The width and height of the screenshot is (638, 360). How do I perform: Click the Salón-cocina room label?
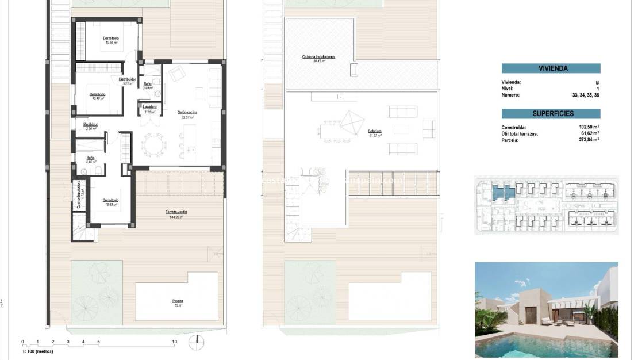[x=187, y=113]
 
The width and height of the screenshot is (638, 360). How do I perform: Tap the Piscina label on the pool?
[x=178, y=301]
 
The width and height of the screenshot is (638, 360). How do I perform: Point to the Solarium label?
[x=375, y=131]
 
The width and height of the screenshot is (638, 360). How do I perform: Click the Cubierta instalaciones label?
[x=319, y=57]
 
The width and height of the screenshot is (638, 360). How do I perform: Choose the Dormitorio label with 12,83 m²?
[x=110, y=201]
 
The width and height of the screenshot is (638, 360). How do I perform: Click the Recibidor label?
[x=90, y=125]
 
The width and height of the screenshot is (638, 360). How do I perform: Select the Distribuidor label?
[x=127, y=79]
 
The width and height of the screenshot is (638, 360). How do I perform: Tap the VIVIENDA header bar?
[x=551, y=68]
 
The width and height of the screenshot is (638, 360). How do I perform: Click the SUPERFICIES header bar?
[x=551, y=114]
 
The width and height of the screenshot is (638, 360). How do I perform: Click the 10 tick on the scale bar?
[x=174, y=342]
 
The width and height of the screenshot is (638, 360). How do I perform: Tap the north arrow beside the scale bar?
[x=197, y=340]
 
